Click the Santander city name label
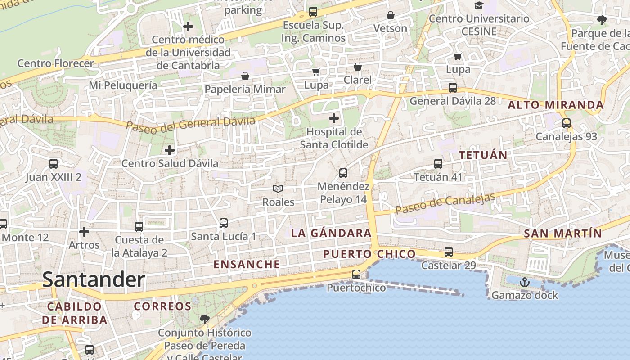(94, 279)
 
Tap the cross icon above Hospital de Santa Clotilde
(334, 118)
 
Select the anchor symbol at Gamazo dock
(524, 283)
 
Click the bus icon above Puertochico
(356, 274)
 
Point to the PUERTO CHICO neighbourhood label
(369, 254)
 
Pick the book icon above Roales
(279, 189)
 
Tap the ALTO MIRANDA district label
(555, 105)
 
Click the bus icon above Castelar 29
(449, 252)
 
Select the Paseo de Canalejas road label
(445, 204)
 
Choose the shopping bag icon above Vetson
(391, 16)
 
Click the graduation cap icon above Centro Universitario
(479, 5)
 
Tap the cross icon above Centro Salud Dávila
(170, 150)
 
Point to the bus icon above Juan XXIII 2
(54, 164)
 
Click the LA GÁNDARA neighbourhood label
(331, 233)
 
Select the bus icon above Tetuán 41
(438, 164)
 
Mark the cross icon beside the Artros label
(84, 232)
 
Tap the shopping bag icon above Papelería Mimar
(245, 76)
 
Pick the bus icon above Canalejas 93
(567, 123)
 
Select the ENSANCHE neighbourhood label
(247, 264)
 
